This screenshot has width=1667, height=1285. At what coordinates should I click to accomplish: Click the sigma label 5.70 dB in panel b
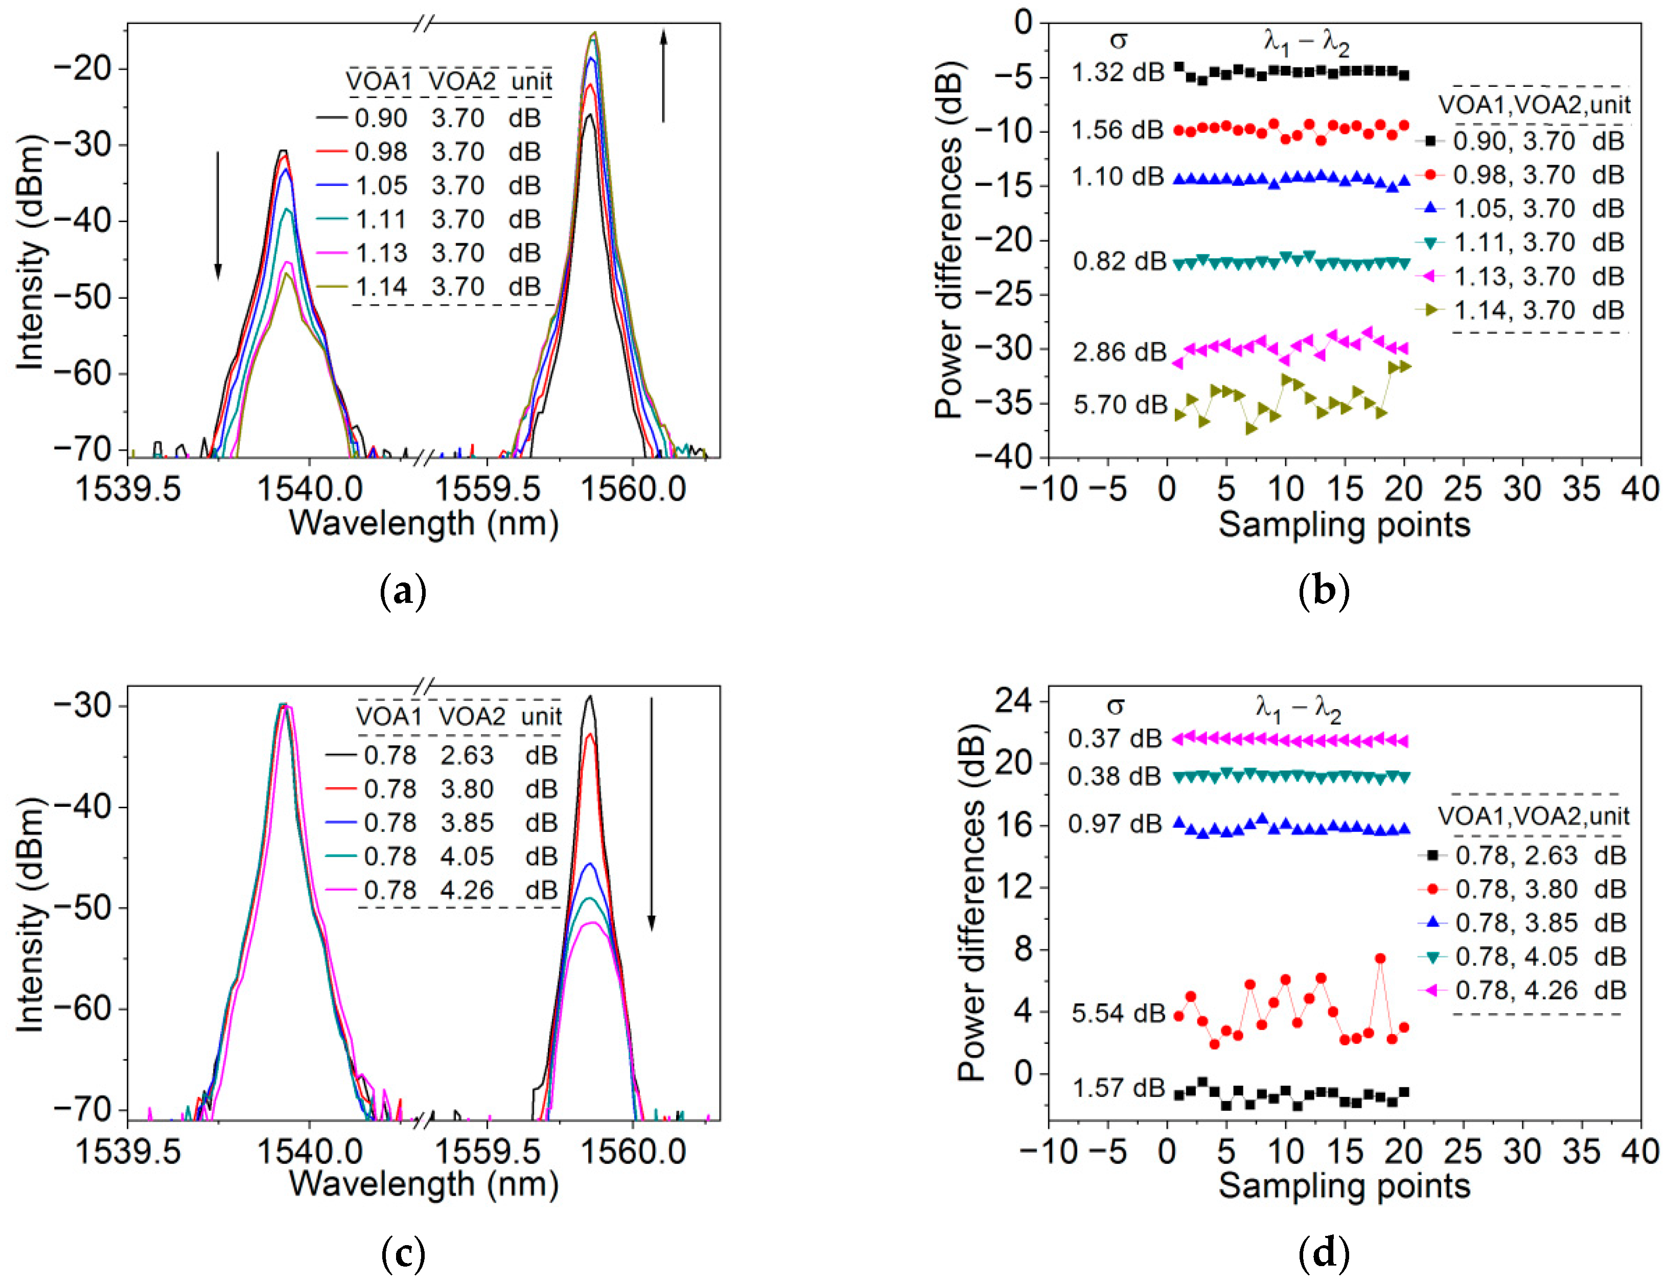(1120, 405)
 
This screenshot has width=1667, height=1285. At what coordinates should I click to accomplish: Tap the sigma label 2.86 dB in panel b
(1120, 352)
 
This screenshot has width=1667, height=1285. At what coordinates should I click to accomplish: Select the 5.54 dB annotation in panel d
(1118, 1013)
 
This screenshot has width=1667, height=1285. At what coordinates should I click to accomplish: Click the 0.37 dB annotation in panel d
(1115, 739)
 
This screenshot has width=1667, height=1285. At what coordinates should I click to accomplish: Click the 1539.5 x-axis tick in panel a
(128, 488)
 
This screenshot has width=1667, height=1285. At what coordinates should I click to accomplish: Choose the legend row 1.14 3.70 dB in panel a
(447, 287)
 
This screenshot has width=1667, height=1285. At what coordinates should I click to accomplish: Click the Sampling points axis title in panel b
(1344, 525)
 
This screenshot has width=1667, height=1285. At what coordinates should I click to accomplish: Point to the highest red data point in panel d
(1380, 959)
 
